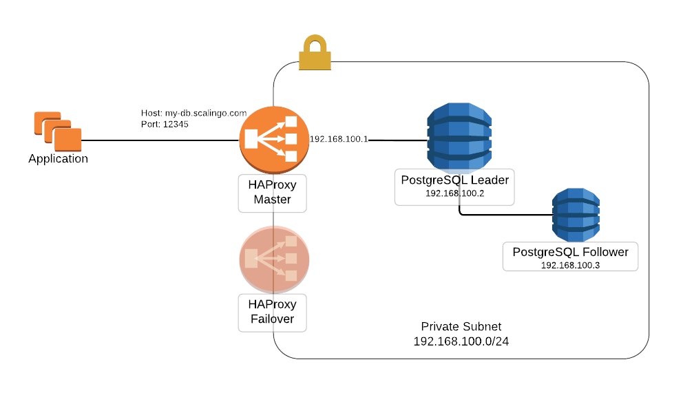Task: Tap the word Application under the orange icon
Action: [x=58, y=159]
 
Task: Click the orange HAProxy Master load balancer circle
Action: [x=273, y=140]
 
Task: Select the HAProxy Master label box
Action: [x=272, y=192]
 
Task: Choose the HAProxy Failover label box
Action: [x=272, y=311]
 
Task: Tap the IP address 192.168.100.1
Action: [x=339, y=139]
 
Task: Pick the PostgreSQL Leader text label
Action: [x=454, y=180]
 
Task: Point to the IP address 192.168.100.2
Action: [x=454, y=193]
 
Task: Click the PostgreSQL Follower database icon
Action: [x=577, y=213]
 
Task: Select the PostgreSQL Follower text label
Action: [x=570, y=252]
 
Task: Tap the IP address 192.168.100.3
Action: [x=570, y=265]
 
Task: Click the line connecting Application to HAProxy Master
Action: [x=158, y=140]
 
